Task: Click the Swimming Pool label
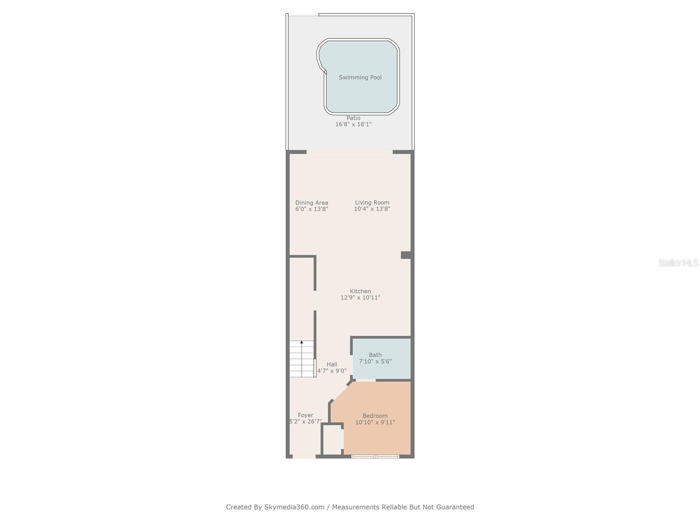point(360,77)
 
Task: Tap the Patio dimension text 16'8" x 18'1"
point(353,124)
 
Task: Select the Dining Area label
point(311,203)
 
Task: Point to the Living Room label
point(372,203)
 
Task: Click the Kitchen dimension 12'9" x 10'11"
point(360,297)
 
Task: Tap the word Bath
point(375,355)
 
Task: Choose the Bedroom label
point(375,416)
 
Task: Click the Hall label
point(332,364)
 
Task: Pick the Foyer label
point(305,415)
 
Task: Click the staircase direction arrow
point(301,343)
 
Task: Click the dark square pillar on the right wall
point(406,255)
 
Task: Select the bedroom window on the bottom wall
point(375,457)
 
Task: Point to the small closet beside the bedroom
point(332,440)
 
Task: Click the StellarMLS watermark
point(678,262)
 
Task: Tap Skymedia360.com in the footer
point(294,507)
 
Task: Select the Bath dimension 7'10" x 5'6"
point(375,361)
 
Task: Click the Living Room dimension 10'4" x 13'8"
point(372,209)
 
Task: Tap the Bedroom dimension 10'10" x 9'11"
point(375,422)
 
